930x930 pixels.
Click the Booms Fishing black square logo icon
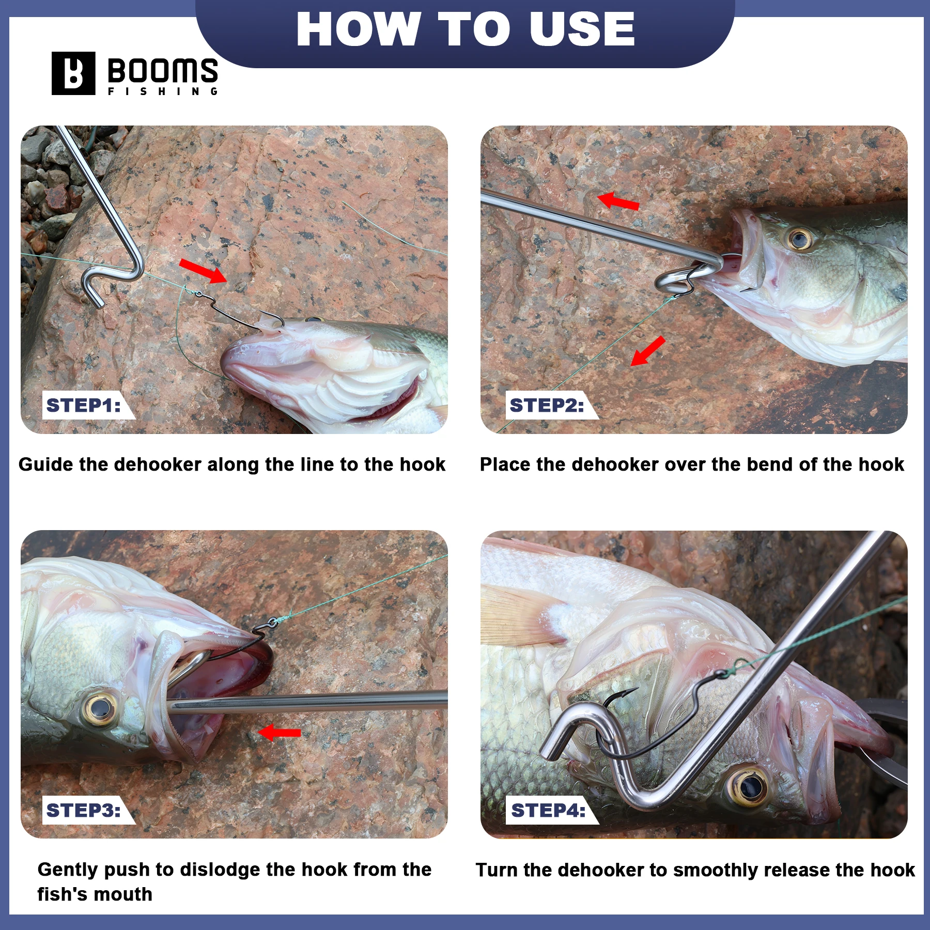(x=73, y=73)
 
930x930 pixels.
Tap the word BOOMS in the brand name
(x=163, y=70)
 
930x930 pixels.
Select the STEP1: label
(x=84, y=406)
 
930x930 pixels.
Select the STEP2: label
(x=547, y=406)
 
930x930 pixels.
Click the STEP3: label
(x=84, y=810)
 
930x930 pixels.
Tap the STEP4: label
(x=548, y=810)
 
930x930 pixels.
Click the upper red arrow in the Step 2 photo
(x=618, y=202)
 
